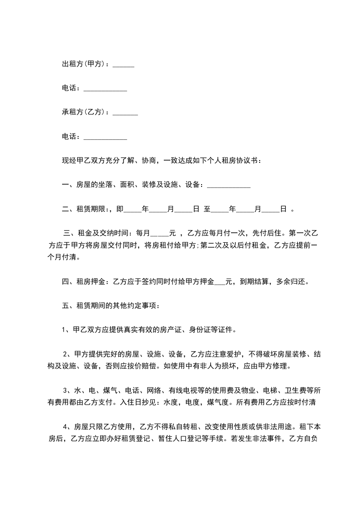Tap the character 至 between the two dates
(x=207, y=209)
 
